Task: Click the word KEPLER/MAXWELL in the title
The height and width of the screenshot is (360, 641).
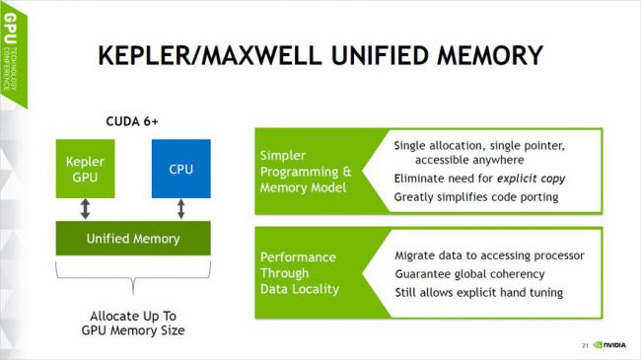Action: click(210, 55)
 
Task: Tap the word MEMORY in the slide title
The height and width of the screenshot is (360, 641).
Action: click(490, 55)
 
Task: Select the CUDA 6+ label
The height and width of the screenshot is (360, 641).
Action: click(131, 121)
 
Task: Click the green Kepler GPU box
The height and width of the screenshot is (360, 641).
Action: click(85, 169)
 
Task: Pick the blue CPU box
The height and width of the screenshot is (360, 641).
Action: click(181, 169)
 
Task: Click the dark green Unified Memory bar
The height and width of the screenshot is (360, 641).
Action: click(133, 239)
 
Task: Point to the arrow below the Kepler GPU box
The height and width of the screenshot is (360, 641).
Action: click(85, 209)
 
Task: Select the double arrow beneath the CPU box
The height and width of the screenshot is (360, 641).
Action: click(181, 209)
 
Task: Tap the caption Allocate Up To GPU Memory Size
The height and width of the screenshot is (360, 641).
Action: click(133, 324)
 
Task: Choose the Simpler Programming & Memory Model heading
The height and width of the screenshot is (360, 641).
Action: click(306, 172)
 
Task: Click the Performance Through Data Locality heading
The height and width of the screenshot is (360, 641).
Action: click(300, 273)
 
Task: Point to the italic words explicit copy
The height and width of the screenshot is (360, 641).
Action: click(531, 179)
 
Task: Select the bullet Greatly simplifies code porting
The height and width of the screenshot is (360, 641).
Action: click(476, 197)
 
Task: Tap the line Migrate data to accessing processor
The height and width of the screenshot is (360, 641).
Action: click(489, 255)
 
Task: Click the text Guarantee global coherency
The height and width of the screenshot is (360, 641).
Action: click(469, 273)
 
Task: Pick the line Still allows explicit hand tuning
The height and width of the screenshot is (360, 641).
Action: click(478, 293)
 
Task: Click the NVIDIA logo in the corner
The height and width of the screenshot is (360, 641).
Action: click(609, 345)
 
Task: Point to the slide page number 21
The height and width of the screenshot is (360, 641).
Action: click(585, 345)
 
